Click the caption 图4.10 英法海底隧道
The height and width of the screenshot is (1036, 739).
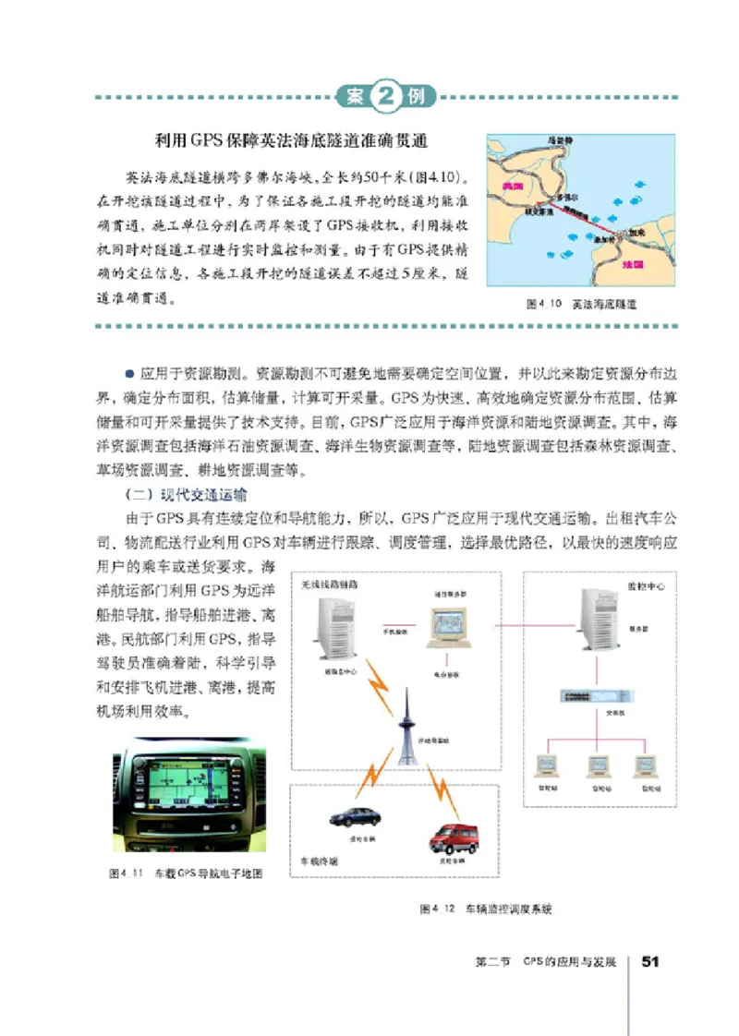(581, 303)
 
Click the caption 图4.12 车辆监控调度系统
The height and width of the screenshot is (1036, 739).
(485, 909)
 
